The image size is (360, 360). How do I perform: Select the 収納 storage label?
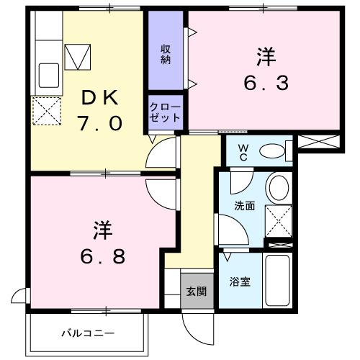(165, 53)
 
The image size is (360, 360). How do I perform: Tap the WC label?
(243, 151)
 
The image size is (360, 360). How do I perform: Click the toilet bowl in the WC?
(271, 151)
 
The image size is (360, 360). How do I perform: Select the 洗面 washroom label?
(244, 205)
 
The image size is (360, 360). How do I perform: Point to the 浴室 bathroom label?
(240, 282)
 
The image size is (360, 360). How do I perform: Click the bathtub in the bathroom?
(278, 282)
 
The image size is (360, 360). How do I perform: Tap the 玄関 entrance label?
(197, 292)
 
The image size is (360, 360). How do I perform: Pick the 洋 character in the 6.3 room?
(265, 55)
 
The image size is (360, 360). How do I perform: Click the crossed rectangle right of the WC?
(316, 142)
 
